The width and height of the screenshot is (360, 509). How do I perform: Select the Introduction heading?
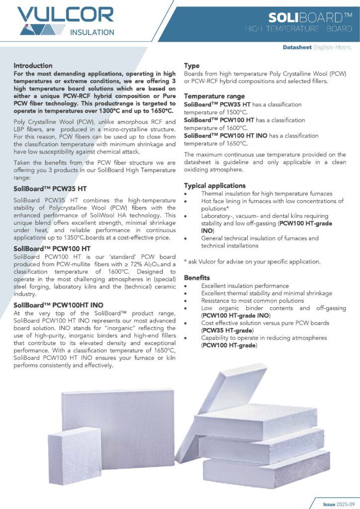pyautogui.click(x=33, y=66)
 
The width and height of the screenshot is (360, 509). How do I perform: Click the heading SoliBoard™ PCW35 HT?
pyautogui.click(x=53, y=189)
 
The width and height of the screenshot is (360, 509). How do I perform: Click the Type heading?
pyautogui.click(x=192, y=66)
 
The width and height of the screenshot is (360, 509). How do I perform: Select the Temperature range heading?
pyautogui.click(x=214, y=96)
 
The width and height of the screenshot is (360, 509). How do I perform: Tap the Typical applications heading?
pyautogui.click(x=216, y=185)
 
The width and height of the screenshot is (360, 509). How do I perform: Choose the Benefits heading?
pyautogui.click(x=197, y=277)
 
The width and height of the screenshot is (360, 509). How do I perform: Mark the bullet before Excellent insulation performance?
pyautogui.click(x=186, y=286)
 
